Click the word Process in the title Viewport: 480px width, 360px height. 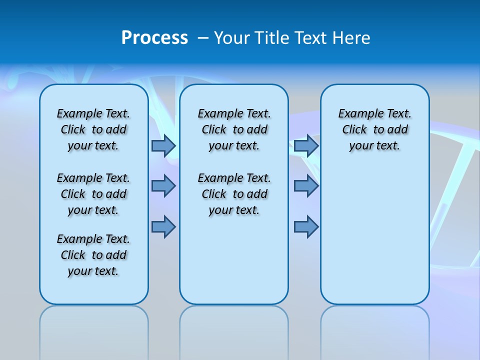tap(154, 37)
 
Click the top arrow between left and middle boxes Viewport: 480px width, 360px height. tap(163, 145)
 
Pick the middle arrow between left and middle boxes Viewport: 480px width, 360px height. tap(163, 186)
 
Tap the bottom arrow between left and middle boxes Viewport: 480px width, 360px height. tap(163, 226)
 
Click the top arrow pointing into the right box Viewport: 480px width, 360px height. tap(306, 145)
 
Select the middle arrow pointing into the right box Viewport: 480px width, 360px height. tap(306, 186)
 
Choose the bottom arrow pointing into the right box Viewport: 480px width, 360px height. tap(306, 226)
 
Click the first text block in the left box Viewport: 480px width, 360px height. tap(93, 129)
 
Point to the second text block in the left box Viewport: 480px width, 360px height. tap(93, 194)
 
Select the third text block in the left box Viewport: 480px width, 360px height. tap(93, 255)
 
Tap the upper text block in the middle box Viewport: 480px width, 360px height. tap(234, 129)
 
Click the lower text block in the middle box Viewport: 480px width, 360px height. tap(234, 194)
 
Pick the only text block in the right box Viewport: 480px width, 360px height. tap(375, 129)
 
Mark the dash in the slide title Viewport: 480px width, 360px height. tap(203, 38)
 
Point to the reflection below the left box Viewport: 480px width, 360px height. tap(94, 330)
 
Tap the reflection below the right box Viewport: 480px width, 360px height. tap(375, 330)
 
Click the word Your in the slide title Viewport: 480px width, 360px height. tap(232, 38)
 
